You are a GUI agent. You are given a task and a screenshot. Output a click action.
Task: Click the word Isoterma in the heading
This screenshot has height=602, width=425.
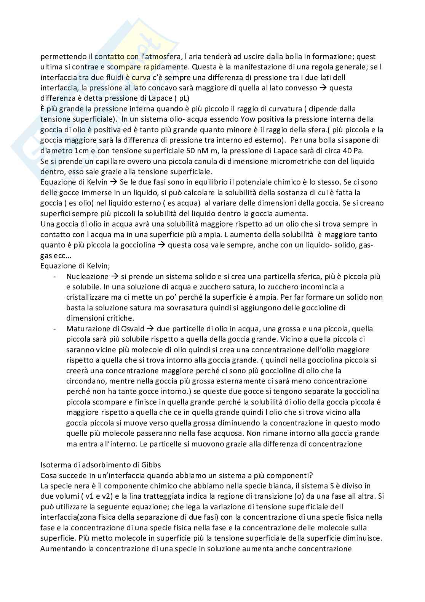[x=54, y=465]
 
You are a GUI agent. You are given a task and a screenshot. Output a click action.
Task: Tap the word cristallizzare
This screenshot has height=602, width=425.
[x=89, y=297]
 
